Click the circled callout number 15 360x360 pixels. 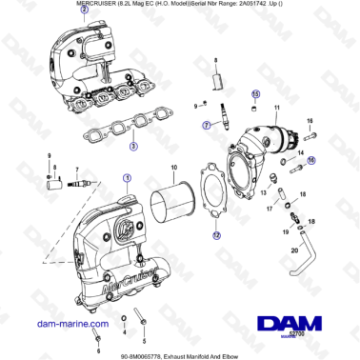point(254,94)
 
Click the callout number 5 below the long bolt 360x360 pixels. point(144,338)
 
